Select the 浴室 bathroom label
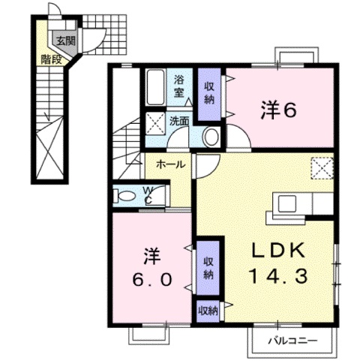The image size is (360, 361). pos(180,86)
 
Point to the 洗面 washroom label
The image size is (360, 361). pos(178,120)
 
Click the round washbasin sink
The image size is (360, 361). pos(211,137)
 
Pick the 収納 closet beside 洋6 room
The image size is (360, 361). pos(208,92)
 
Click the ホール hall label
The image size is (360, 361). pos(172,163)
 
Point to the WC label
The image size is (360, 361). pos(148,195)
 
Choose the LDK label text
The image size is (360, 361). pos(278,250)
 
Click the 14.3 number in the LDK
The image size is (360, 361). pos(278,275)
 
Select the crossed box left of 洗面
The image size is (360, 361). pos(156,121)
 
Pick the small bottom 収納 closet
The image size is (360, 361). pos(208,310)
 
